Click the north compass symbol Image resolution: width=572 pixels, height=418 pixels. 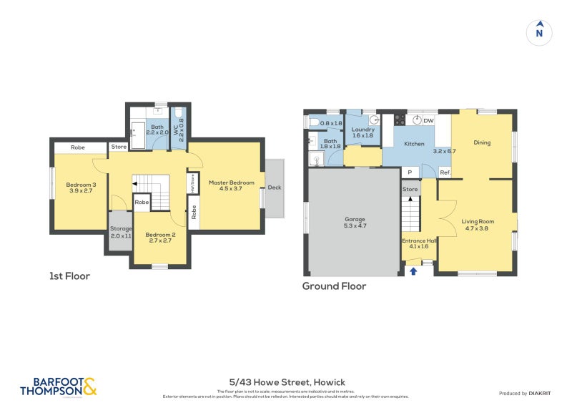[540, 31]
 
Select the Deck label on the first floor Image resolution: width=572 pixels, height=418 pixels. [275, 189]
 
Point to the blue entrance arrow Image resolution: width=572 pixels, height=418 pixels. [413, 271]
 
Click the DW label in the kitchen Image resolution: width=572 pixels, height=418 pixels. [428, 121]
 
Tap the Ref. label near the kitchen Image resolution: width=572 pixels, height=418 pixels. [444, 172]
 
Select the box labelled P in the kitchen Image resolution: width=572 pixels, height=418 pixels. [410, 172]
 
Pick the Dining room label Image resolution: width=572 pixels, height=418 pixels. [482, 142]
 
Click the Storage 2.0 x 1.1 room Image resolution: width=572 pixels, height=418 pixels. [120, 232]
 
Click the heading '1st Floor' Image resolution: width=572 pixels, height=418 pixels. [69, 276]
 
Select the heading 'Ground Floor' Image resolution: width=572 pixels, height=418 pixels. [333, 286]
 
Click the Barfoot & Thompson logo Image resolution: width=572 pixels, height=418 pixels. [58, 387]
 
